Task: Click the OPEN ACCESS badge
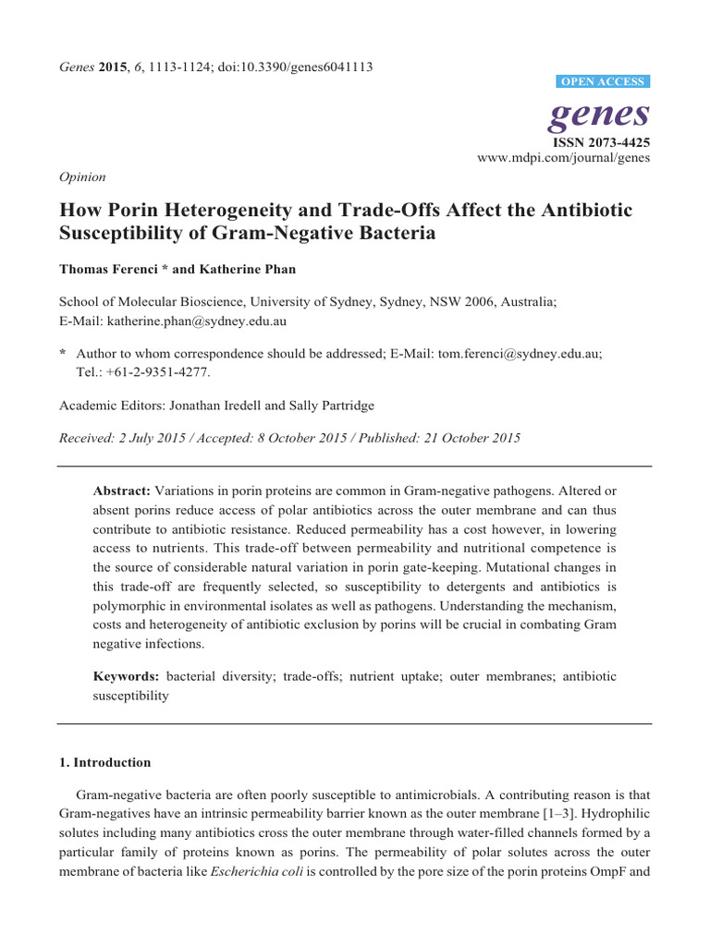coord(604,82)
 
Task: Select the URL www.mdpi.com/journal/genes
coord(564,158)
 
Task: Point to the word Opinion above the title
coord(82,176)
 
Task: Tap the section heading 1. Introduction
coord(104,762)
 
